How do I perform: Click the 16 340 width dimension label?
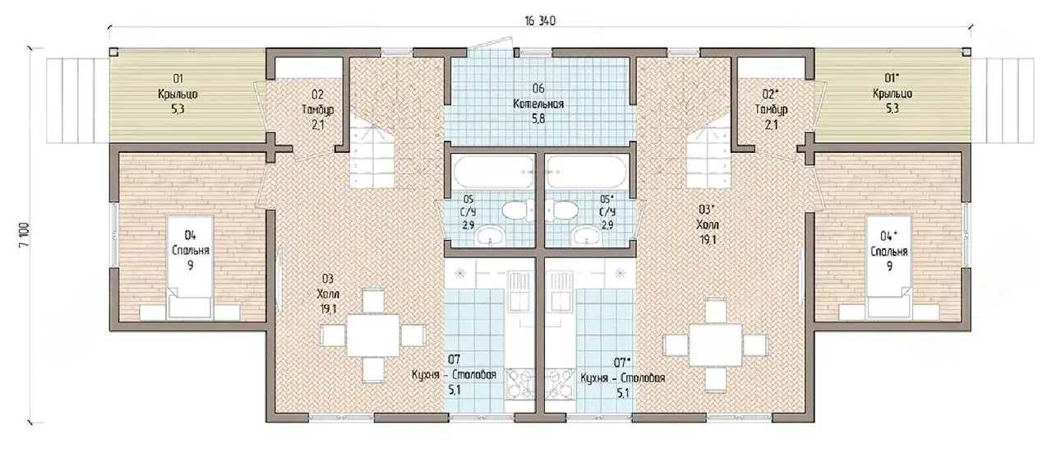click(540, 21)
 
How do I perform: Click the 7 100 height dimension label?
click(25, 235)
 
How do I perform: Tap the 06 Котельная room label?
click(538, 104)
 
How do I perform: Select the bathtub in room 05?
click(494, 172)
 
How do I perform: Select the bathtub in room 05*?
click(587, 172)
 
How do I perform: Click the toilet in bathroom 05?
click(518, 210)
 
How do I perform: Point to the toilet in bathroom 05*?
click(561, 210)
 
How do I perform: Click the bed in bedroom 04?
click(190, 267)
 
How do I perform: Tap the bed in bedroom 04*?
click(889, 267)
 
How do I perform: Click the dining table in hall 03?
click(373, 335)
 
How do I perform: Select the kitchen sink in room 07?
click(520, 292)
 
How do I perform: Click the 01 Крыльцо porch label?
click(178, 94)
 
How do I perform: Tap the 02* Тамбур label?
click(771, 109)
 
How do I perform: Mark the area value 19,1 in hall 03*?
click(708, 240)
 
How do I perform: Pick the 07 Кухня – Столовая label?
click(454, 375)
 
